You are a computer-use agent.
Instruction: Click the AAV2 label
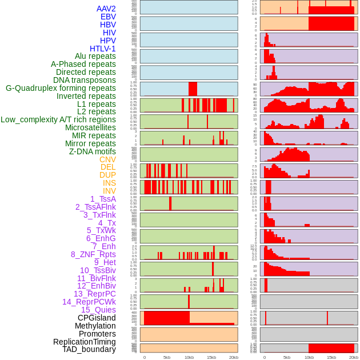pos(106,9)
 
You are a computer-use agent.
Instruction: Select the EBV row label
pos(108,17)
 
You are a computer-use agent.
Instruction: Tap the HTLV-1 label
pos(102,49)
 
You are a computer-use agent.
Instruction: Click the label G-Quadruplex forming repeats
pos(61,88)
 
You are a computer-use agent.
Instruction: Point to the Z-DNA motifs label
pos(93,151)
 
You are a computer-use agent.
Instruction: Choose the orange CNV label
pos(107,159)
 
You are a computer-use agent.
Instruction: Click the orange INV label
pos(109,191)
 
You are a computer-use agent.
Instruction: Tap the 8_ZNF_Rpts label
pos(93,254)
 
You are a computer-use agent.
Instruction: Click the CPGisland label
pos(97,318)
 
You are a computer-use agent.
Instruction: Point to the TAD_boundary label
pos(89,349)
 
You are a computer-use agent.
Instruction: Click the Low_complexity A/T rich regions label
pos(58,119)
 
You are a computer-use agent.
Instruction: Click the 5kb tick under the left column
pos(167,357)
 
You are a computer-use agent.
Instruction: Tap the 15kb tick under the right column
pos(331,357)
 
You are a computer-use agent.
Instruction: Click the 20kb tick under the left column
pos(233,357)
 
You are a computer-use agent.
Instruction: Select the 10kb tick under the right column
pos(309,357)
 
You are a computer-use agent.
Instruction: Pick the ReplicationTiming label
pos(84,342)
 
